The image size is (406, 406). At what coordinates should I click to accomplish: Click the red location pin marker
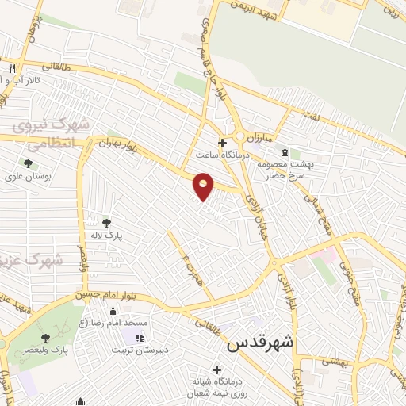click(204, 186)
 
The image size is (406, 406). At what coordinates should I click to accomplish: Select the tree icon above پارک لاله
click(107, 222)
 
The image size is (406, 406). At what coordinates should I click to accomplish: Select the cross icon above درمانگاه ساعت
click(223, 144)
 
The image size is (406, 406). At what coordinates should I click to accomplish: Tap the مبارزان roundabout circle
click(239, 137)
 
